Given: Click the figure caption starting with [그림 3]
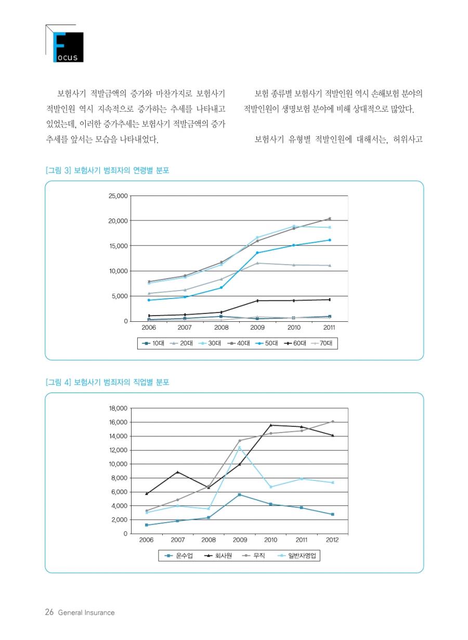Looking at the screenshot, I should (107, 170).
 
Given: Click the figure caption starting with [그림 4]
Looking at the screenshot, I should (107, 382).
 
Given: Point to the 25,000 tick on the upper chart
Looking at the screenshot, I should (118, 196).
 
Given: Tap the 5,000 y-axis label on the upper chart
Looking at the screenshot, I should (119, 296).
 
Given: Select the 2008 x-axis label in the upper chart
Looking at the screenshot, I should (221, 328).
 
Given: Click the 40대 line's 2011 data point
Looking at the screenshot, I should (329, 219).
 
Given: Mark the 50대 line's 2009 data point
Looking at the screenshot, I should (257, 253).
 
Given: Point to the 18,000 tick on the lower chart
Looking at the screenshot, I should (118, 408).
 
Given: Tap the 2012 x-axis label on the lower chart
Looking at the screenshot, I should (332, 540).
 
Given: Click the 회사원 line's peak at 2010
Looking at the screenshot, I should (270, 425).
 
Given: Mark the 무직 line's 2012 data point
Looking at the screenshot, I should (332, 422).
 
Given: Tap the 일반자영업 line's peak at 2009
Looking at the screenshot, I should (240, 447).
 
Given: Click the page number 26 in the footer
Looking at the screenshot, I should (49, 612).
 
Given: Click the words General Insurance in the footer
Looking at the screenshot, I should (86, 613).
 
